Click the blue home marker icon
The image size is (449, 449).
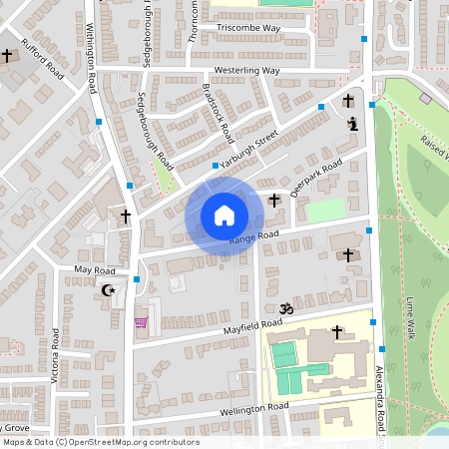pos(224,216)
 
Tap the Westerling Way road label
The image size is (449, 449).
pos(247,71)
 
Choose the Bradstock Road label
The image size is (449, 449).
pos(218,111)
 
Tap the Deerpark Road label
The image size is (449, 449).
pos(315,177)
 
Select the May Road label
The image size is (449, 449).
pos(96,270)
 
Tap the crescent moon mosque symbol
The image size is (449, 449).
pos(109,290)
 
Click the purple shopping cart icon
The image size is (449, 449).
pos(141,321)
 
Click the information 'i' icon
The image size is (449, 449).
pos(351,124)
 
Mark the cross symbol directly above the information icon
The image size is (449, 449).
pos(347,101)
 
